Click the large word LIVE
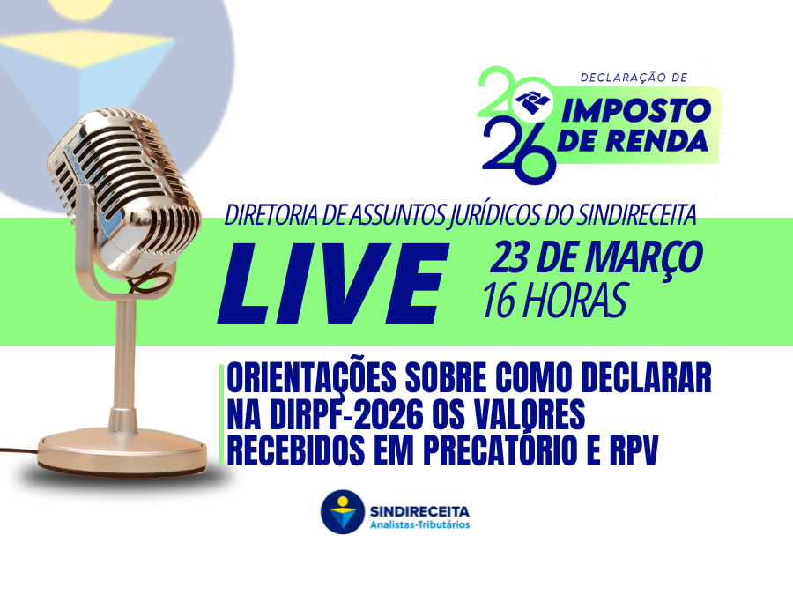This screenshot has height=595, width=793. coord(334,283)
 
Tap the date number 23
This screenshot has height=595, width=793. coord(510,257)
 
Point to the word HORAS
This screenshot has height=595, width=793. coord(574,300)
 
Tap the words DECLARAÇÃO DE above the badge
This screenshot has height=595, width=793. coord(634,78)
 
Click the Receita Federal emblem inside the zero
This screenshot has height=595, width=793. coord(532,101)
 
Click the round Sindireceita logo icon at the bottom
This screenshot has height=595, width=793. coord(343,511)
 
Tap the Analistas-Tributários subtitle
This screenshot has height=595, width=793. coord(419,524)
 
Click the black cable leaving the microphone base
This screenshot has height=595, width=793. coord(19,450)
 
